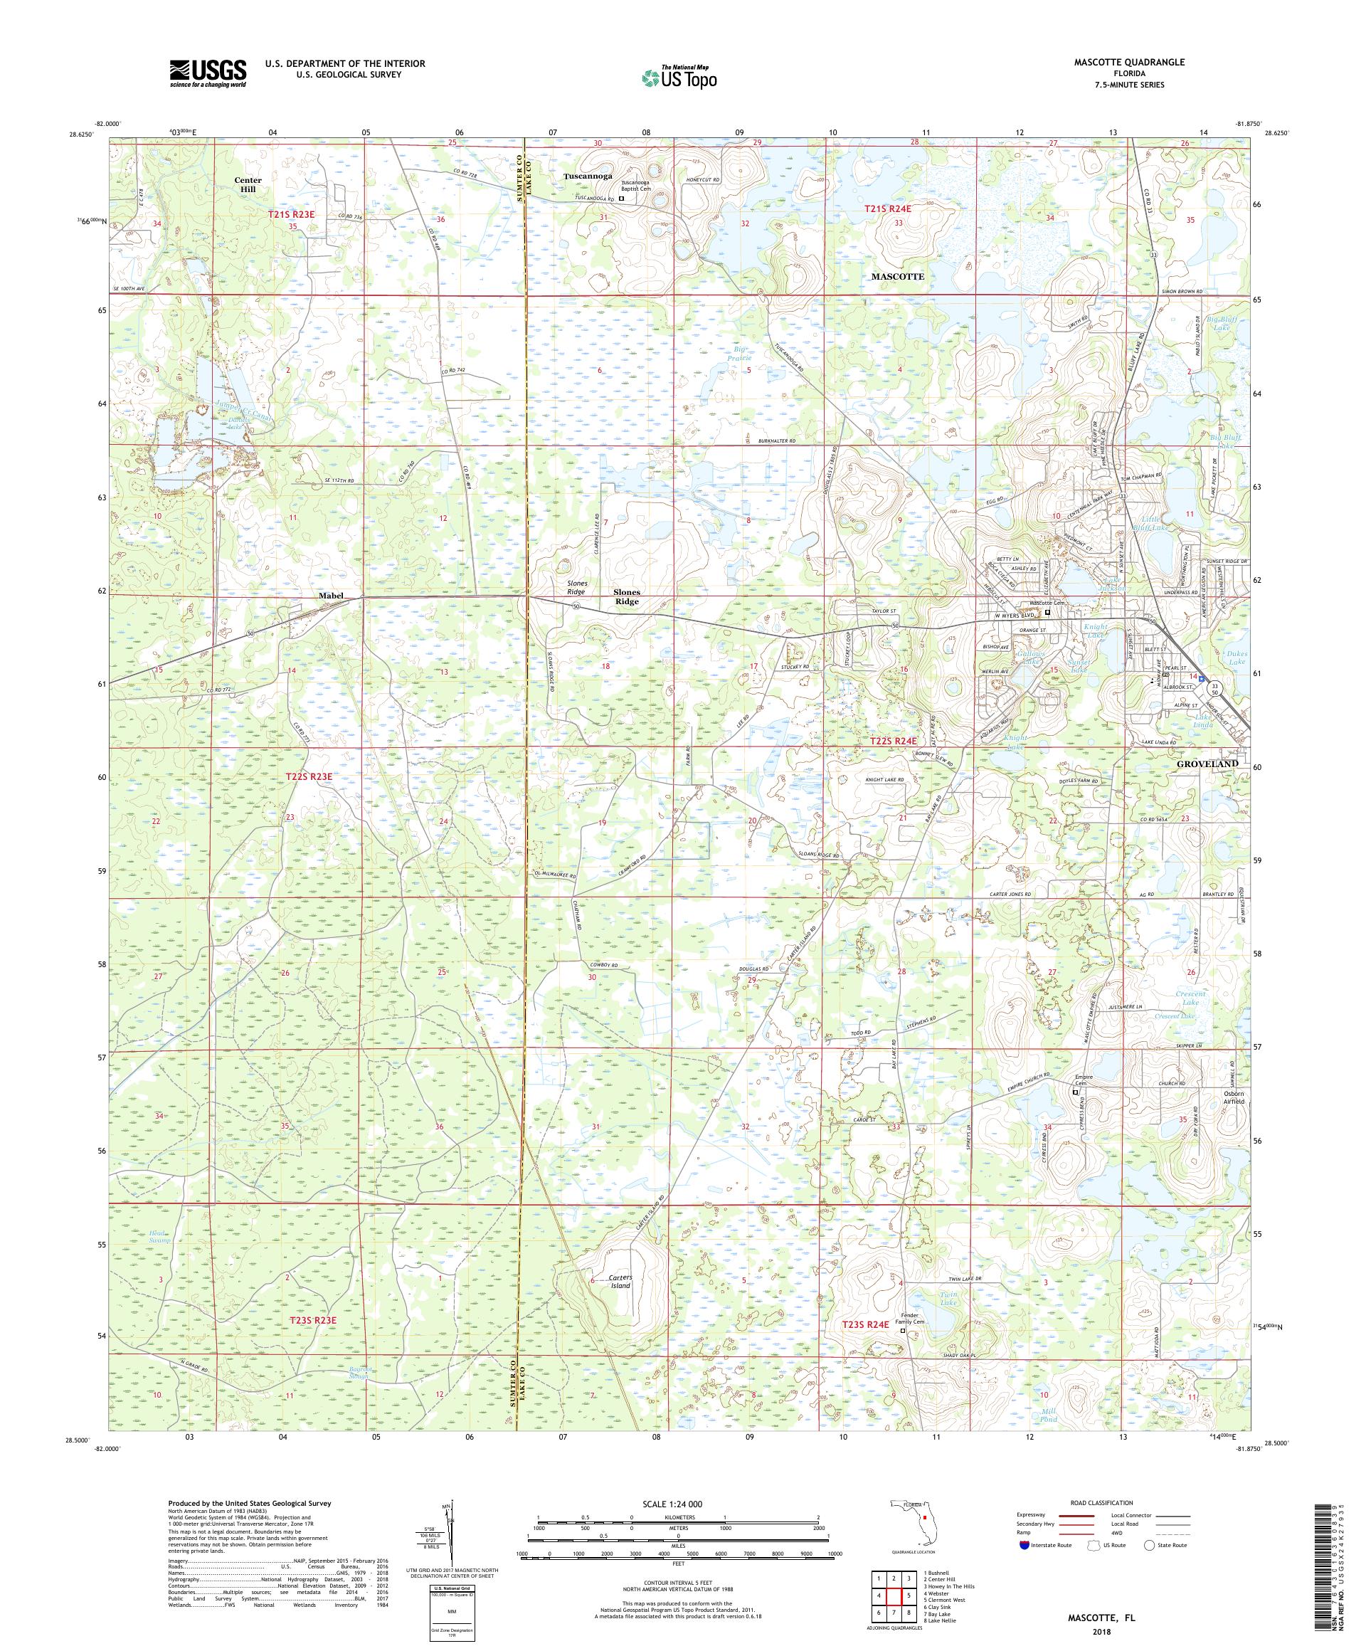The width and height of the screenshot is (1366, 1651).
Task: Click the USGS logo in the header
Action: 208,74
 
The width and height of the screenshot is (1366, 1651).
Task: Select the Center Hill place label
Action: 248,185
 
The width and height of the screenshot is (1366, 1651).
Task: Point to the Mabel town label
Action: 331,595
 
